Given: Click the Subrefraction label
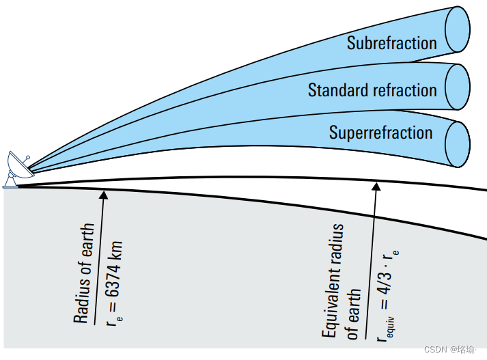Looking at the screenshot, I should coord(391,43).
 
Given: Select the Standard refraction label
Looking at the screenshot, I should coord(372,90).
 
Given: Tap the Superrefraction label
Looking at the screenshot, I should coord(380,133).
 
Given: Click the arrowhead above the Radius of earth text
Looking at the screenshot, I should coord(104,195).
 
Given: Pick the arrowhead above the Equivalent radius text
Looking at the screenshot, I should coord(375,184).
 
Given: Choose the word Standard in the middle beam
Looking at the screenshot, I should coord(335,90).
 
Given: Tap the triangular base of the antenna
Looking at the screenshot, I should coord(12,181).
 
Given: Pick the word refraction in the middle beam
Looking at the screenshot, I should coord(402,90).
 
